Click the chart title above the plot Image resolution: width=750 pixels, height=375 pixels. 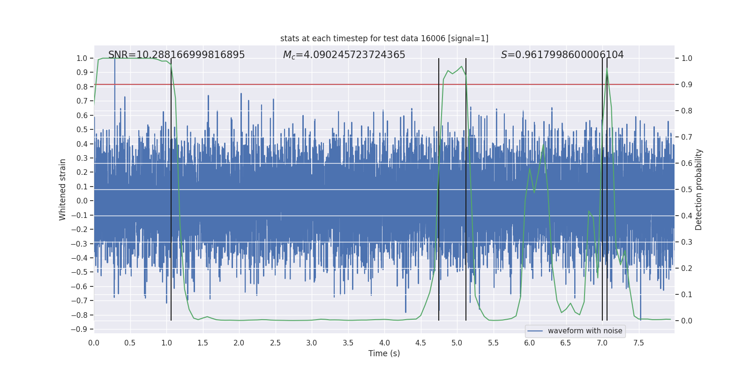click(x=384, y=38)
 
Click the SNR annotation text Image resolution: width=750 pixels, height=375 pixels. click(x=176, y=55)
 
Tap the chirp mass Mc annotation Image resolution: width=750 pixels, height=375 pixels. click(x=344, y=55)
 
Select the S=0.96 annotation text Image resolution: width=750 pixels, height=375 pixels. click(x=562, y=55)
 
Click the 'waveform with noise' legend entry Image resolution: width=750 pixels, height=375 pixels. click(x=585, y=331)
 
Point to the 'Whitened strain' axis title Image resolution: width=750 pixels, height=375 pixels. click(x=62, y=189)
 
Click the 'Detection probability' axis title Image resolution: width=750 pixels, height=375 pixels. click(x=698, y=189)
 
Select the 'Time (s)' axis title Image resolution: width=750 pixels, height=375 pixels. click(x=384, y=353)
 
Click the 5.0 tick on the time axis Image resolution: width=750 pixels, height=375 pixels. click(x=457, y=343)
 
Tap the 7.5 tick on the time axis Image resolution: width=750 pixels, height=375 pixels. click(x=638, y=343)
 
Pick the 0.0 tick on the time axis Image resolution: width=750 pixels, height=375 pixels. click(x=94, y=343)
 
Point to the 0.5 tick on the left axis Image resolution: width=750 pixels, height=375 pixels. click(x=82, y=130)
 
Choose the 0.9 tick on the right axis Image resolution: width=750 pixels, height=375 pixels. click(x=687, y=85)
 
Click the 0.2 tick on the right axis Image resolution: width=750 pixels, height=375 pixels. click(x=687, y=269)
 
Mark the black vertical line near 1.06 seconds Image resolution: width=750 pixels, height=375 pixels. click(x=171, y=187)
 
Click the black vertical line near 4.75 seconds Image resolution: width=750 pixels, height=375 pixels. click(x=439, y=187)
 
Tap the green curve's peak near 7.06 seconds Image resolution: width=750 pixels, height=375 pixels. click(x=607, y=69)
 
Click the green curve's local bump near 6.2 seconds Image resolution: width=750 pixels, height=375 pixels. click(x=544, y=142)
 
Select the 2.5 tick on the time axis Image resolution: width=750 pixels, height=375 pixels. click(x=275, y=343)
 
